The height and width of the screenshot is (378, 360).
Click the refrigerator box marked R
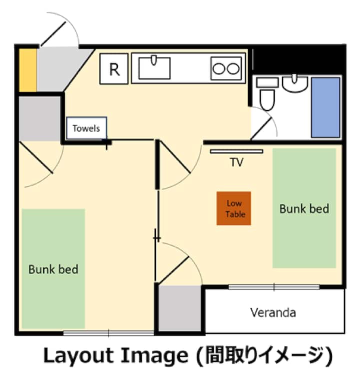pos(114,69)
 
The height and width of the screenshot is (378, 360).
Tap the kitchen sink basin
pos(154,68)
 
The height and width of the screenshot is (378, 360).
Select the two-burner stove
pos(226,68)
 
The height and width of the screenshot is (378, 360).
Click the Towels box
pos(86,128)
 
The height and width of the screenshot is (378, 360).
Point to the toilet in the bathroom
pos(267,93)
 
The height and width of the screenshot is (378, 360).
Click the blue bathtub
pos(325,107)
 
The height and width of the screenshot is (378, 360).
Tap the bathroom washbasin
pos(295,83)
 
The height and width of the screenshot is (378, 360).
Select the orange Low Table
pos(233,208)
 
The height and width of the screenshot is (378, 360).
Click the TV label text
pos(236,162)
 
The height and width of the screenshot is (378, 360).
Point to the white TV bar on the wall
pos(236,151)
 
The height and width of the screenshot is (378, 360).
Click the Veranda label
pos(273,312)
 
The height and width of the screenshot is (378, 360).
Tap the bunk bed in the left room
pos(53,268)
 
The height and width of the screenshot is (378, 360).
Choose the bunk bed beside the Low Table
pos(304,208)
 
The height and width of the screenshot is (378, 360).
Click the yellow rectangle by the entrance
pos(27,70)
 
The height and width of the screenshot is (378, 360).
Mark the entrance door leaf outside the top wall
pos(53,34)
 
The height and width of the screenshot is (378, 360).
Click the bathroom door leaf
pos(261,128)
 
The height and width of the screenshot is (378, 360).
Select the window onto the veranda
pos(274,287)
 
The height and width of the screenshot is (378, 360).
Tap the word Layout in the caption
pos(78,356)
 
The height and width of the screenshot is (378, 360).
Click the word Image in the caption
pos(154,356)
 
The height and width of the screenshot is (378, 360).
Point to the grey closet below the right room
pos(179,308)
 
